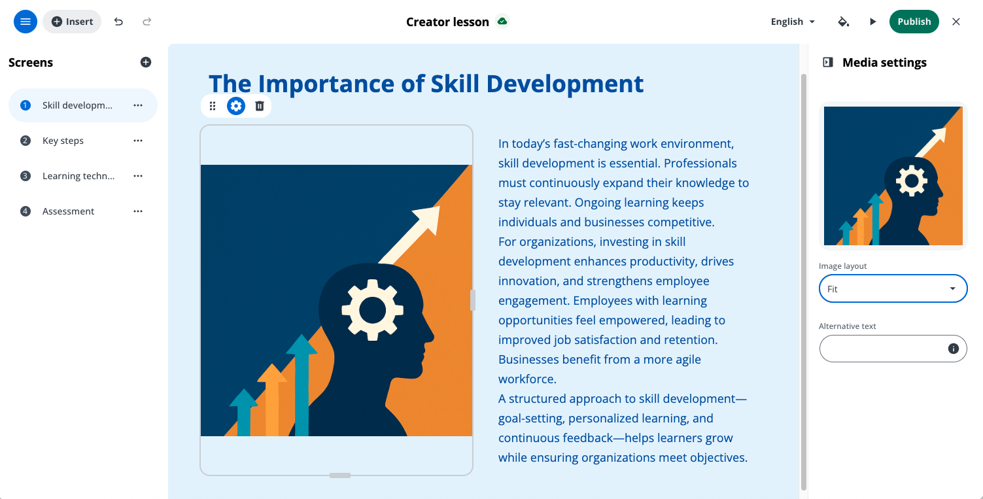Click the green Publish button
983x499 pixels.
point(914,22)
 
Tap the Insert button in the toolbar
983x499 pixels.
point(72,22)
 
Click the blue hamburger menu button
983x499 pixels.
point(26,22)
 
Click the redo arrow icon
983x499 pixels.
point(147,22)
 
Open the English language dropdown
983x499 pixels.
point(793,22)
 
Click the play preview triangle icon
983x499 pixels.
point(872,22)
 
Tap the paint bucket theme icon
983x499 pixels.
point(843,22)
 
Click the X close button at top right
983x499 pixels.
point(956,22)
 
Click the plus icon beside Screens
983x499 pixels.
point(146,62)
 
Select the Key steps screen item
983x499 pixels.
point(63,141)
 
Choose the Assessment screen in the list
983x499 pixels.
point(68,211)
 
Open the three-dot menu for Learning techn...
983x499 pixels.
point(138,176)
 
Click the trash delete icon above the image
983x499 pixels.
point(260,106)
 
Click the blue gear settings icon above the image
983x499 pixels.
point(235,106)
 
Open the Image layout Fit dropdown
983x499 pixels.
point(893,289)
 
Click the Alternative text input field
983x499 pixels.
point(882,349)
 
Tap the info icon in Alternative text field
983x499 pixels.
point(953,349)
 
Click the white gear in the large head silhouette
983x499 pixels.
point(373,310)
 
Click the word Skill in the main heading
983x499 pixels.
point(455,84)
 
